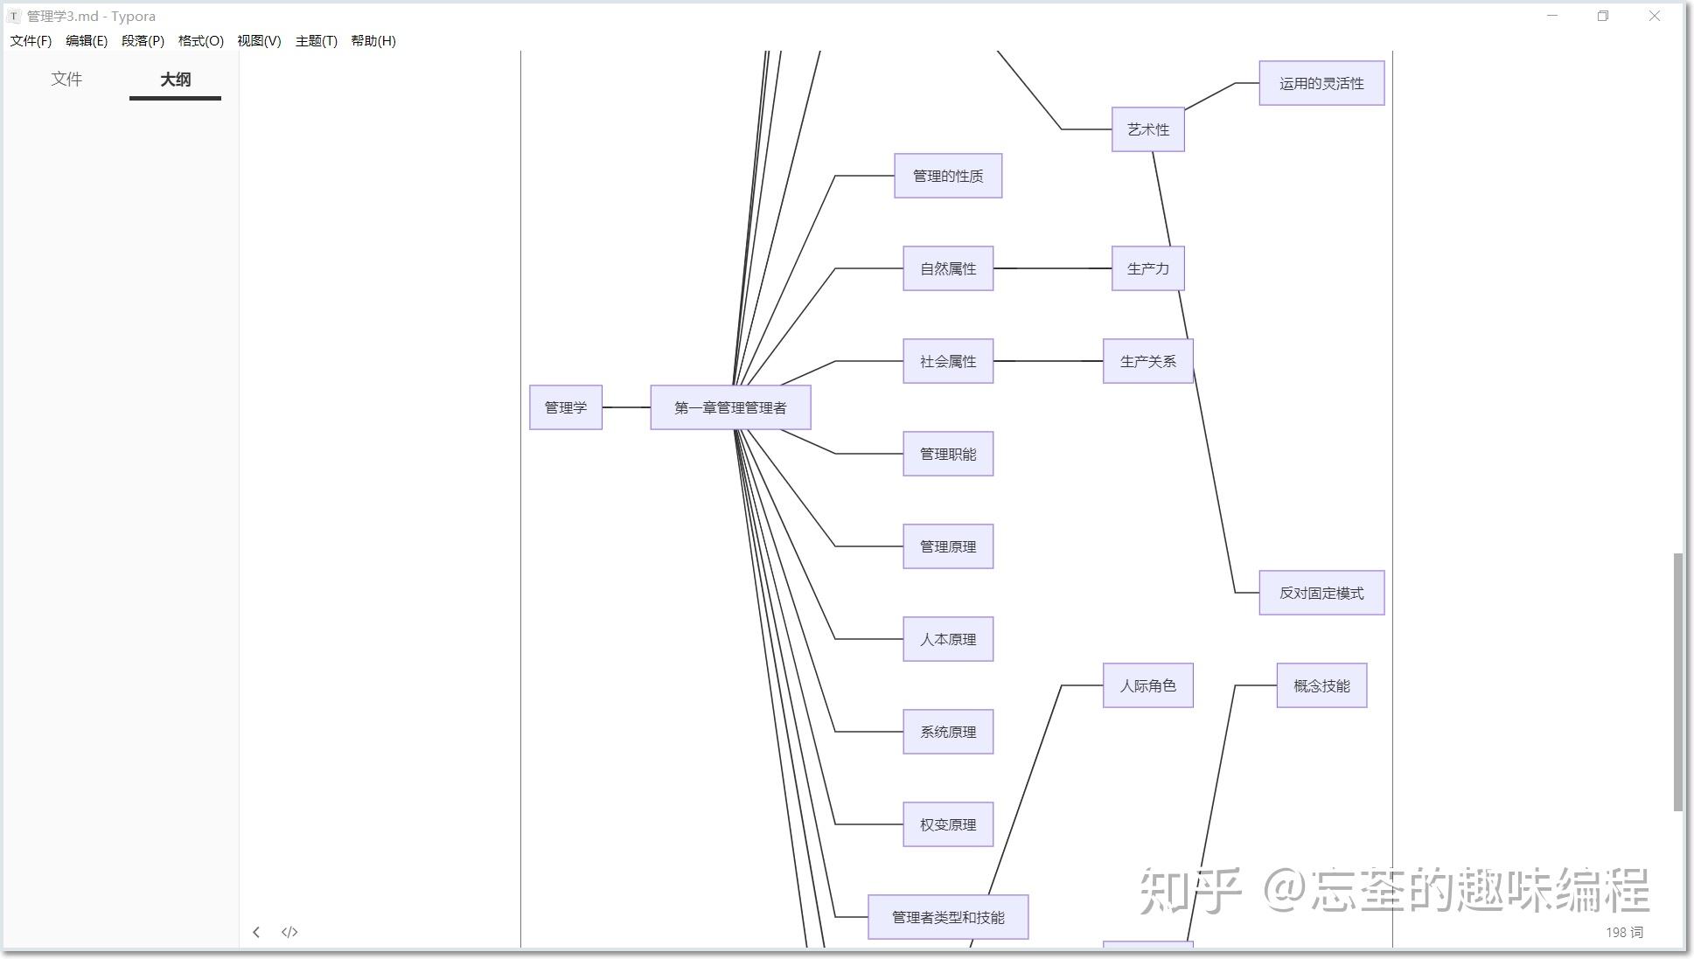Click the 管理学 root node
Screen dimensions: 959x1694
click(565, 407)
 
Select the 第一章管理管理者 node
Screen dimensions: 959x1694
click(730, 407)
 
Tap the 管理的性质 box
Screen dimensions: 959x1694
click(947, 176)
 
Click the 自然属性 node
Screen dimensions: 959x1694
click(947, 268)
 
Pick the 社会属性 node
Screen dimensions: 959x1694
click(947, 361)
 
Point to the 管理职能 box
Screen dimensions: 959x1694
click(947, 454)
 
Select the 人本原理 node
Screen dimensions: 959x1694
click(947, 639)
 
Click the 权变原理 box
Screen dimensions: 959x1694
click(947, 824)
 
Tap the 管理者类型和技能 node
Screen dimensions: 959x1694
click(947, 917)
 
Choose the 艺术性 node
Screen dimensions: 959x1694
click(1147, 129)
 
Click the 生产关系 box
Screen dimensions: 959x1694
click(1147, 361)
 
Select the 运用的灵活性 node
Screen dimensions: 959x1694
click(1321, 83)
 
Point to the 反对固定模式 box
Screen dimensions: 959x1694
click(1321, 593)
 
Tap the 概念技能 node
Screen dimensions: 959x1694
click(1321, 685)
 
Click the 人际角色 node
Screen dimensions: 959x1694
click(1147, 685)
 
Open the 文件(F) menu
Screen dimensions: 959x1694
click(31, 41)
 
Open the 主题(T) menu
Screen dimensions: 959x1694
click(316, 41)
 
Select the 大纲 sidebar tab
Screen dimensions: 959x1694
click(175, 80)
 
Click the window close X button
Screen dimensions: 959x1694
click(1654, 16)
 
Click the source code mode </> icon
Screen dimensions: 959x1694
click(289, 932)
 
